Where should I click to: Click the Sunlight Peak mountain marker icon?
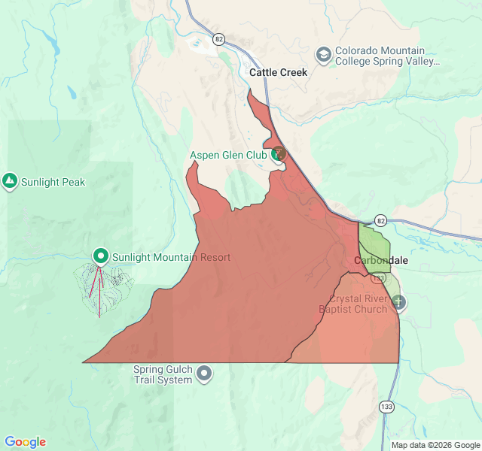pyautogui.click(x=10, y=181)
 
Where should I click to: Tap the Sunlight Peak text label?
pyautogui.click(x=53, y=182)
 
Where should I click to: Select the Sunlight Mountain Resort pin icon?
pyautogui.click(x=100, y=256)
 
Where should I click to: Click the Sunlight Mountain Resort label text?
pyautogui.click(x=171, y=257)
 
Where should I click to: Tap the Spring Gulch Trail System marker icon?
pyautogui.click(x=204, y=374)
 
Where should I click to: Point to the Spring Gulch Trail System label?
pyautogui.click(x=163, y=374)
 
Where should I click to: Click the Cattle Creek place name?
pyautogui.click(x=278, y=73)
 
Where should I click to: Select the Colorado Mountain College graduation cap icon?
pyautogui.click(x=323, y=55)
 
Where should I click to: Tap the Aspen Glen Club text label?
pyautogui.click(x=227, y=156)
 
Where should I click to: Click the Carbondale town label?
pyautogui.click(x=381, y=260)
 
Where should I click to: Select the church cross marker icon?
pyautogui.click(x=398, y=302)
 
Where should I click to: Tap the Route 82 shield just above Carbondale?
pyautogui.click(x=380, y=220)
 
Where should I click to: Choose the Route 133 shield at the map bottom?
pyautogui.click(x=386, y=407)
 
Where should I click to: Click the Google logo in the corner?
pyautogui.click(x=25, y=442)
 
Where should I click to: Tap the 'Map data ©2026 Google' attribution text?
pyautogui.click(x=435, y=445)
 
